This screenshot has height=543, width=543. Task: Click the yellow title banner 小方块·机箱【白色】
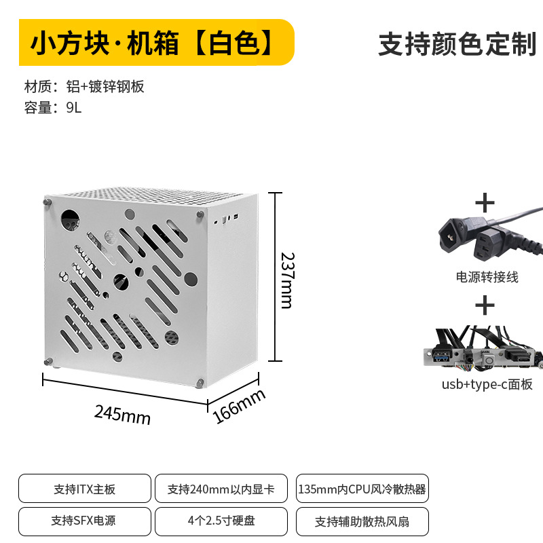[x=155, y=43]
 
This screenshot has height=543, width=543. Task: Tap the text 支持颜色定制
[x=457, y=44]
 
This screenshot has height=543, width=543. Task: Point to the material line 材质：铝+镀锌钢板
[x=84, y=87]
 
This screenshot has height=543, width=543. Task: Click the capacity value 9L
[x=73, y=107]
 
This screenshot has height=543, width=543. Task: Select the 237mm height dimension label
[x=288, y=280]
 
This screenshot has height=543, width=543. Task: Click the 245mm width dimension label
[x=122, y=413]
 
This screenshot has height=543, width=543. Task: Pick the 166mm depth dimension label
[x=240, y=407]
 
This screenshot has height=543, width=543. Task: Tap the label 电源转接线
[x=487, y=277]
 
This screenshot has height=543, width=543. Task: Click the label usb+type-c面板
[x=487, y=384]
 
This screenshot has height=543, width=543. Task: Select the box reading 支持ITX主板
[x=84, y=489]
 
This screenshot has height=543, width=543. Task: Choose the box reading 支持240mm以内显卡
[x=221, y=489]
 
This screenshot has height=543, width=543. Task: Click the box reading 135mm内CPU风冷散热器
[x=362, y=489]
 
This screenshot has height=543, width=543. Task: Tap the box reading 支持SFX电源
[x=84, y=521]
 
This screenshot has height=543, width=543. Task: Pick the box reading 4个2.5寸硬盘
[x=221, y=521]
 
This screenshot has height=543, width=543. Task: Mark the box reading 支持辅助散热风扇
[x=362, y=521]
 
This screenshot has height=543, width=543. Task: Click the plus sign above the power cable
[x=485, y=202]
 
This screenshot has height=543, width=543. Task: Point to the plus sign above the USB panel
[x=485, y=306]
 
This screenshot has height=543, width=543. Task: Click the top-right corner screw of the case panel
[x=200, y=214]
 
